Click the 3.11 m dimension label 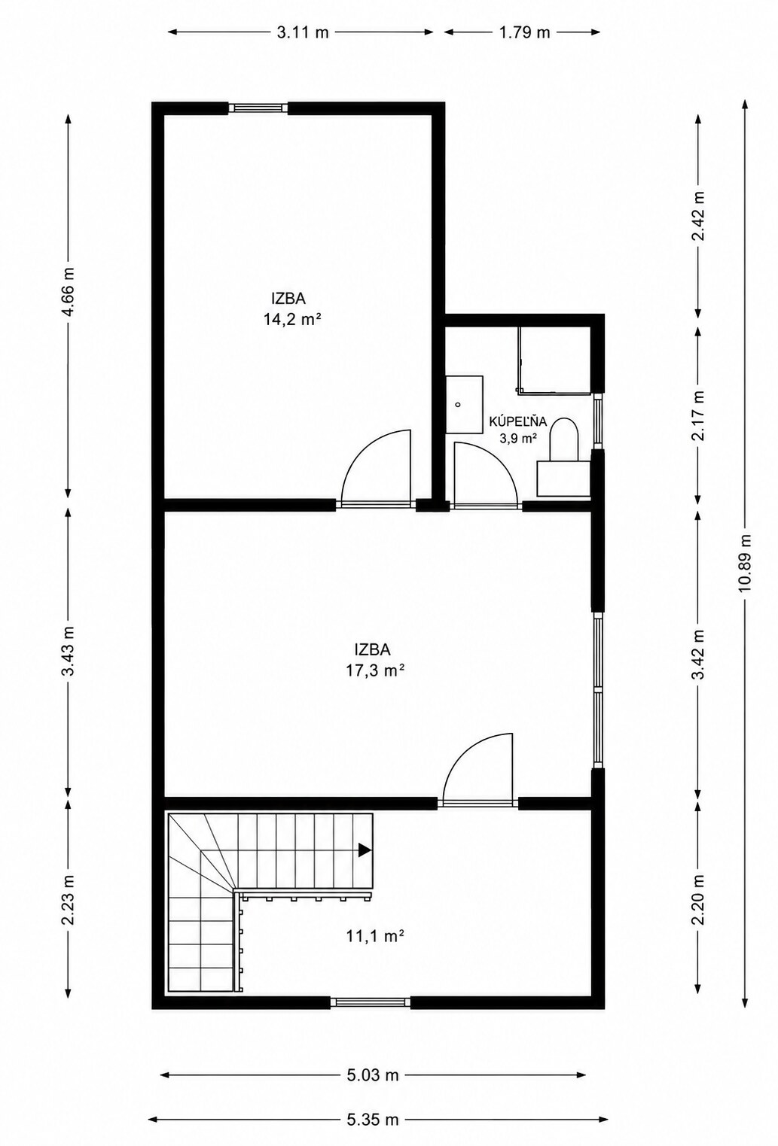pyautogui.click(x=302, y=33)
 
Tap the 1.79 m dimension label pyautogui.click(x=524, y=33)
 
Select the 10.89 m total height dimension pyautogui.click(x=745, y=563)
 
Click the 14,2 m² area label pyautogui.click(x=292, y=320)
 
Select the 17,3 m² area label pyautogui.click(x=375, y=670)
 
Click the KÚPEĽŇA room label pyautogui.click(x=518, y=422)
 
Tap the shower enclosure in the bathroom pyautogui.click(x=554, y=361)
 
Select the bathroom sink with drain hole pyautogui.click(x=464, y=405)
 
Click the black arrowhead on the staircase pyautogui.click(x=365, y=850)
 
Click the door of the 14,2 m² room pyautogui.click(x=377, y=468)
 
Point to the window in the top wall pyautogui.click(x=258, y=108)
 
